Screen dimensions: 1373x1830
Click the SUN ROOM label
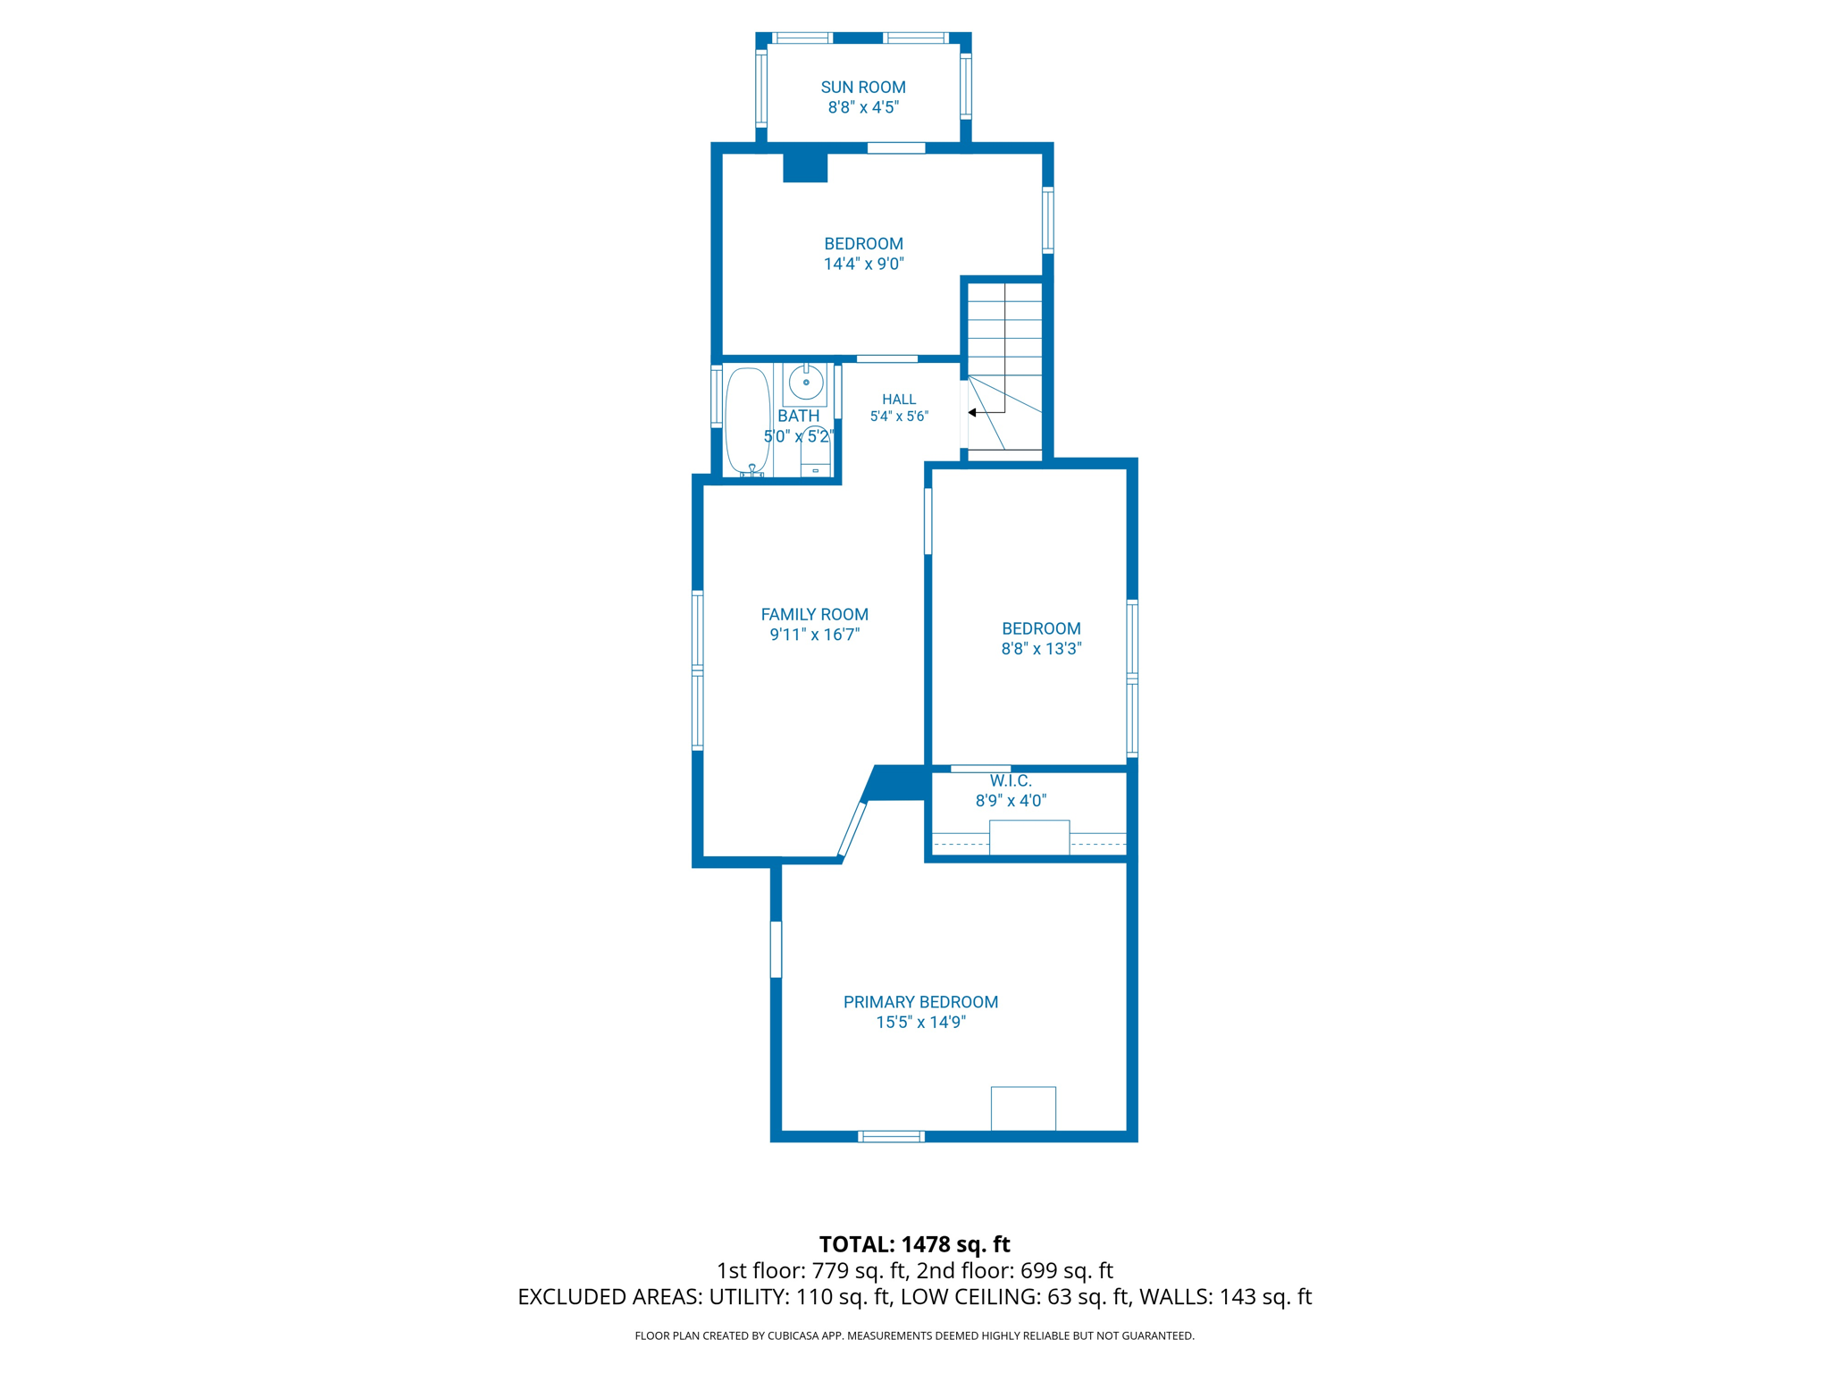tap(863, 88)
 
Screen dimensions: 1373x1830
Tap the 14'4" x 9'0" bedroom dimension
tap(863, 264)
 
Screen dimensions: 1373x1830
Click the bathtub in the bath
tap(747, 420)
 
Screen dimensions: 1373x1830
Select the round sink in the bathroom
tap(806, 383)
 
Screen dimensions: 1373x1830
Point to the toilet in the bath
tap(815, 451)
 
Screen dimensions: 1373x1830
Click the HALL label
tap(899, 400)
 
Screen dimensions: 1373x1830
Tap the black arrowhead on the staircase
tap(972, 413)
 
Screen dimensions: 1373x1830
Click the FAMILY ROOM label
tap(814, 614)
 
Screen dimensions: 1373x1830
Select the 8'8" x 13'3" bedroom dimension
tap(1041, 649)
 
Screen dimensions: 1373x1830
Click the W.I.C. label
tap(1011, 781)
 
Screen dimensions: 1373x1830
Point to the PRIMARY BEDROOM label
tap(920, 1002)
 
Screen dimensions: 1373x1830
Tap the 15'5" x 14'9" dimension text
tap(920, 1023)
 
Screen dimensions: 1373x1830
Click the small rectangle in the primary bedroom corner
tap(1023, 1108)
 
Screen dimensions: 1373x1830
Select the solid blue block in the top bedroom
tap(805, 168)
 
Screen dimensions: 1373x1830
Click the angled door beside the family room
tap(852, 830)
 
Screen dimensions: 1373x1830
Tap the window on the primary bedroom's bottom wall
tap(891, 1136)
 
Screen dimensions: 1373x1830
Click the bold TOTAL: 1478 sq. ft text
tap(914, 1244)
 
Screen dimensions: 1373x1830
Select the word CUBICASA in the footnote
tap(793, 1336)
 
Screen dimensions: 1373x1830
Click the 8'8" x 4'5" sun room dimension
tap(863, 107)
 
